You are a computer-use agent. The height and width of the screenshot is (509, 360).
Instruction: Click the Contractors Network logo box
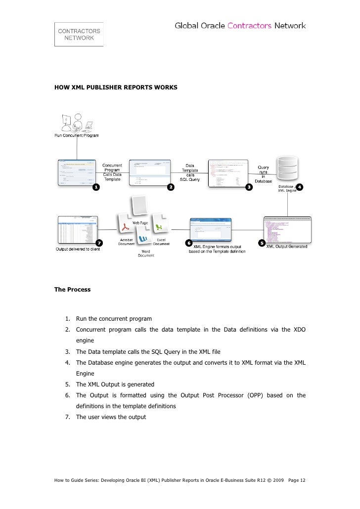79,34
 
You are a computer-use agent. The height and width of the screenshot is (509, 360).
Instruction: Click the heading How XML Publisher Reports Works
116,87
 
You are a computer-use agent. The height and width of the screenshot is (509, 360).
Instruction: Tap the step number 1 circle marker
95,187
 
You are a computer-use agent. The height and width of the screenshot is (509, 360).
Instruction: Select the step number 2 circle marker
170,187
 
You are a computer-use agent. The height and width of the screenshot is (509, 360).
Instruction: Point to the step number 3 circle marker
249,187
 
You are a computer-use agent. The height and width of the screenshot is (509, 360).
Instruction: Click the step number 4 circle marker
300,187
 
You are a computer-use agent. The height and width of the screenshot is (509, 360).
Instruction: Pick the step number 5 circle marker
262,243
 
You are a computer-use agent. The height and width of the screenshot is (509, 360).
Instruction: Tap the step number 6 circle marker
188,243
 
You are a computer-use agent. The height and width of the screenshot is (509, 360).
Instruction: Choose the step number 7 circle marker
99,243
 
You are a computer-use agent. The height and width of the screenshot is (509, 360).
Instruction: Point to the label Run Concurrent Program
76,135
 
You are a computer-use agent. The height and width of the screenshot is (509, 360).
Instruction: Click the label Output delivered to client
77,249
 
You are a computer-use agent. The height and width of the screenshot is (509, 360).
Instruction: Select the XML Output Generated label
287,246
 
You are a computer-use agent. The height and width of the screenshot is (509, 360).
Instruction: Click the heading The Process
72,290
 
